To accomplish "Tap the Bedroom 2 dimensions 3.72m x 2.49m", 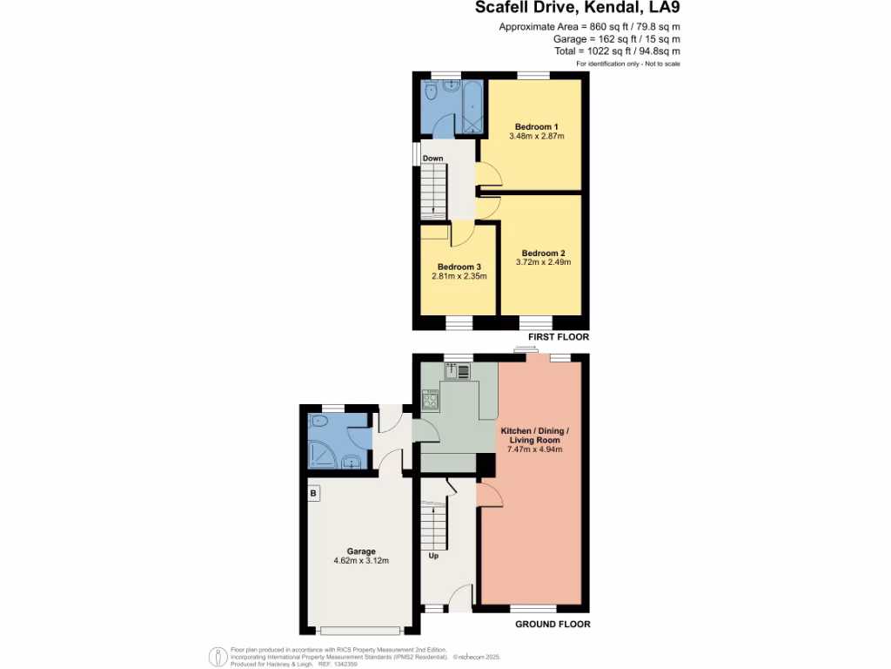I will (x=543, y=261).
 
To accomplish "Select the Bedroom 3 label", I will (x=459, y=267).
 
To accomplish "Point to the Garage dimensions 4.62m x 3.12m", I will (x=361, y=561).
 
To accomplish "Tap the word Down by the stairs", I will (x=432, y=159).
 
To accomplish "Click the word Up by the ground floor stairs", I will (x=433, y=555).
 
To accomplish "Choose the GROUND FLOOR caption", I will (x=553, y=625).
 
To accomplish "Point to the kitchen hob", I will (x=430, y=400).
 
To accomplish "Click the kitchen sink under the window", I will (x=458, y=371).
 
